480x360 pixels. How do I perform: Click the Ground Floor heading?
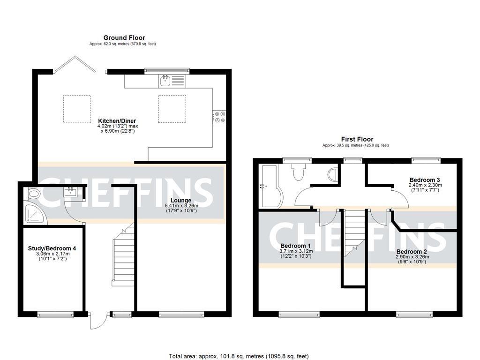point(124,37)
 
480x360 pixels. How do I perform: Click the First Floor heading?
point(357,139)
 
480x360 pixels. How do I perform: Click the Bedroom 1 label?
point(295,246)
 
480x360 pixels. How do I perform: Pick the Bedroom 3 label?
point(425,180)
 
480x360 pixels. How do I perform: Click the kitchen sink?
point(165,81)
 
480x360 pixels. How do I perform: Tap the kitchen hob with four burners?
point(219,117)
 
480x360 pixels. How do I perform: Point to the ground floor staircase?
point(123,255)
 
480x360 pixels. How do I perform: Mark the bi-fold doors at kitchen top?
point(75,64)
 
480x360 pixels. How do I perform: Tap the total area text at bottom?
point(239,356)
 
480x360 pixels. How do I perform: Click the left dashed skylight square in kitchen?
point(77,109)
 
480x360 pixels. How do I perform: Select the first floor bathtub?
point(270,186)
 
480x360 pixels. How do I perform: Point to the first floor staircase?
point(354,232)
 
